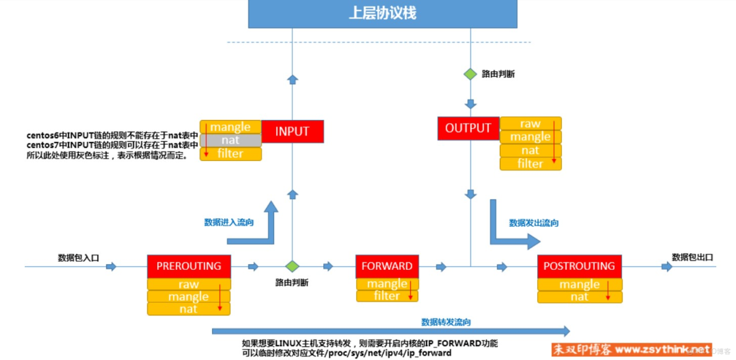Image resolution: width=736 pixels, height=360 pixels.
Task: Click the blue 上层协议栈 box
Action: pos(382,14)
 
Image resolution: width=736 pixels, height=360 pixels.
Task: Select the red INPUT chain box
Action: pos(292,132)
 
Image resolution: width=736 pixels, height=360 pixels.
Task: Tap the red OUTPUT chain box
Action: pos(468,128)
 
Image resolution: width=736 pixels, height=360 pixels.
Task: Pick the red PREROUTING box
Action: pos(188,266)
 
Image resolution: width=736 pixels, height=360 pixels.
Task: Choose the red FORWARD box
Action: pos(387,266)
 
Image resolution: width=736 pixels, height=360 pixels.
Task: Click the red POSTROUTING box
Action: pos(579,266)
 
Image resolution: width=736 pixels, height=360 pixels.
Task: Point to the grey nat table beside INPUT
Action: pos(231,141)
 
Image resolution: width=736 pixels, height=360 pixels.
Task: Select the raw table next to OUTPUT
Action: pos(530,124)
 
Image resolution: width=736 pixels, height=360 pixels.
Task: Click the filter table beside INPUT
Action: pos(231,154)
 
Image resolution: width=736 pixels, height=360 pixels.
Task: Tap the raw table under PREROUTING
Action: pos(188,284)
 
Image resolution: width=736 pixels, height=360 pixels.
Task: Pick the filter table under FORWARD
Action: pos(387,296)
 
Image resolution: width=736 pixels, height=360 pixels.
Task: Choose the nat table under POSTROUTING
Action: pos(579,297)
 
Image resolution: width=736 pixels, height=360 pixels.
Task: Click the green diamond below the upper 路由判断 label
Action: pos(471,74)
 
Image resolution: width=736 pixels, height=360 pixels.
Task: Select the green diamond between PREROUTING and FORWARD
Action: pos(292,267)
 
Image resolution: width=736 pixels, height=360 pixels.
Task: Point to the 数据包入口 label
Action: pos(78,257)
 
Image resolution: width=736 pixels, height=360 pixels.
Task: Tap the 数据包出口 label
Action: pos(692,257)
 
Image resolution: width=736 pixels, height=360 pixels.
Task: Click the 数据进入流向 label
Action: pos(229,222)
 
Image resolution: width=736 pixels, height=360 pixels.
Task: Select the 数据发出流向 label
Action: pos(533,223)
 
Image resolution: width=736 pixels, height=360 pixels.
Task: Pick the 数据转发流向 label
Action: pos(446,322)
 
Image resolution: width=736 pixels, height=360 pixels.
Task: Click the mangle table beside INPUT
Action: pos(231,127)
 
